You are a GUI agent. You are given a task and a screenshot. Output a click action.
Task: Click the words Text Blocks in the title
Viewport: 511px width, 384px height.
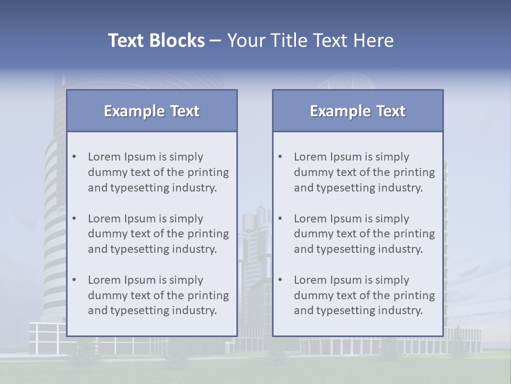(156, 41)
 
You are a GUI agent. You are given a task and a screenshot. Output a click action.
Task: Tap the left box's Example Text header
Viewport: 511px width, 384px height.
(152, 111)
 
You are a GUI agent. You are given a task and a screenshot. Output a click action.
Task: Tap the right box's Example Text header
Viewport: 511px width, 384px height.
(358, 111)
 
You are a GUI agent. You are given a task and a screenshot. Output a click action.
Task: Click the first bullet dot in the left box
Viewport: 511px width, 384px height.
(75, 157)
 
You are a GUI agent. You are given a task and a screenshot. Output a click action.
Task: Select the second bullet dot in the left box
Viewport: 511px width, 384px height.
(75, 219)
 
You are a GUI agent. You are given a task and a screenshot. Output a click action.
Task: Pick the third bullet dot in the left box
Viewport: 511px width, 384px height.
(75, 280)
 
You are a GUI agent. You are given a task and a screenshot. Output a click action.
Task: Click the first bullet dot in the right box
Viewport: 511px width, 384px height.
(281, 157)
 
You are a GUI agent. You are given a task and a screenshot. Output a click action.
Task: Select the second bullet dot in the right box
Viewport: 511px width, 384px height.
(281, 219)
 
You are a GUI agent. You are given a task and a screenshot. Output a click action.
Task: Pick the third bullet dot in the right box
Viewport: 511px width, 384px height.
(281, 280)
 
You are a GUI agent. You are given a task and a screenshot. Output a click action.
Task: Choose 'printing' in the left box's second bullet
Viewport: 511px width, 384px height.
(208, 234)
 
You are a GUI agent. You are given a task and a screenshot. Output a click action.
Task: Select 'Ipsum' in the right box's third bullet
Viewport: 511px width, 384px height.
(347, 280)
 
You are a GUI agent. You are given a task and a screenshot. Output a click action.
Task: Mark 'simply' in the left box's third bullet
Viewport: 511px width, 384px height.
(186, 280)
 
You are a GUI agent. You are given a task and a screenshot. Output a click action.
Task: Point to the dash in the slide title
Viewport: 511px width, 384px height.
(216, 41)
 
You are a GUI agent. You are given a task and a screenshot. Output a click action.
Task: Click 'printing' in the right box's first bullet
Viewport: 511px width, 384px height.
(414, 172)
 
